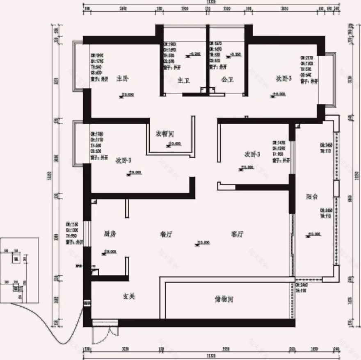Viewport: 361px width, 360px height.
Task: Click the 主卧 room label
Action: (122, 78)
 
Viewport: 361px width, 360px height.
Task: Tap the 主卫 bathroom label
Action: (184, 80)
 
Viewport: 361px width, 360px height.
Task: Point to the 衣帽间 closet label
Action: (165, 134)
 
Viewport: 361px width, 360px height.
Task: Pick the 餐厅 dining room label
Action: (166, 234)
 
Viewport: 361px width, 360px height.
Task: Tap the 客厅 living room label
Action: (238, 234)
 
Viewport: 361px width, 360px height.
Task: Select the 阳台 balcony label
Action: (312, 197)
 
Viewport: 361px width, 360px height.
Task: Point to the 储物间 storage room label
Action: (224, 299)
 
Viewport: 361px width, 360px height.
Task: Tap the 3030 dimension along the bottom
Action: (126, 349)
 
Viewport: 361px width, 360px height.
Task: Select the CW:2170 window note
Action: (308, 58)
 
